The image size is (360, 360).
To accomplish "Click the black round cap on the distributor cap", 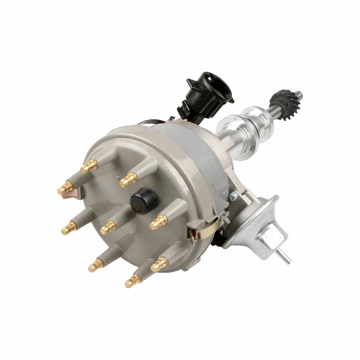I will coord(142,201).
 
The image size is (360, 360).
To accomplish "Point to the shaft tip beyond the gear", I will coord(298,94).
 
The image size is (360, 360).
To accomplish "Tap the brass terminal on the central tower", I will coord(109,226).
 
